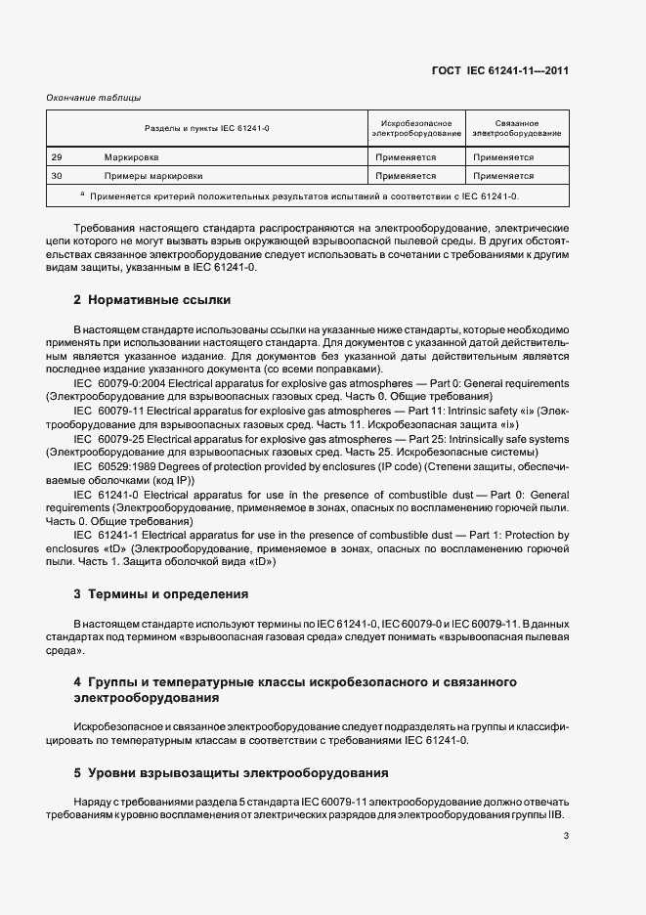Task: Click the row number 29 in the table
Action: (57, 156)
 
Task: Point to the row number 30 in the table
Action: (57, 176)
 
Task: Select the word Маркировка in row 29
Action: (132, 156)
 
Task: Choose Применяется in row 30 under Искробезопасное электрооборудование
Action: (406, 176)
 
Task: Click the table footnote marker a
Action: (82, 195)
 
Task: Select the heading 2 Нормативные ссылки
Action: (151, 299)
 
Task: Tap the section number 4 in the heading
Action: (77, 680)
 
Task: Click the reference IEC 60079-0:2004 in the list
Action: (121, 384)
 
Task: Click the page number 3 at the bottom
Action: (566, 836)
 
